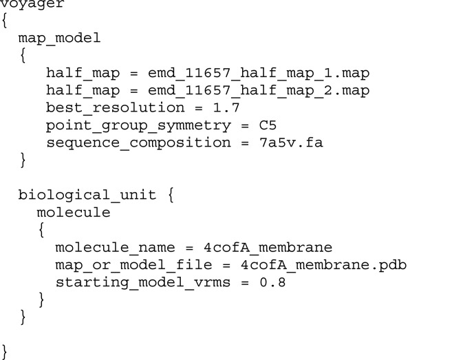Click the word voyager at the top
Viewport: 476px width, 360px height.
click(x=32, y=4)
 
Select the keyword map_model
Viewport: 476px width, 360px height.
click(x=60, y=38)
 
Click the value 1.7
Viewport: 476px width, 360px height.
click(x=209, y=108)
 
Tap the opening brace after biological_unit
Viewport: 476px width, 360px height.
click(x=171, y=195)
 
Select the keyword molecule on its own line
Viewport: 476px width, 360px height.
click(x=74, y=213)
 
